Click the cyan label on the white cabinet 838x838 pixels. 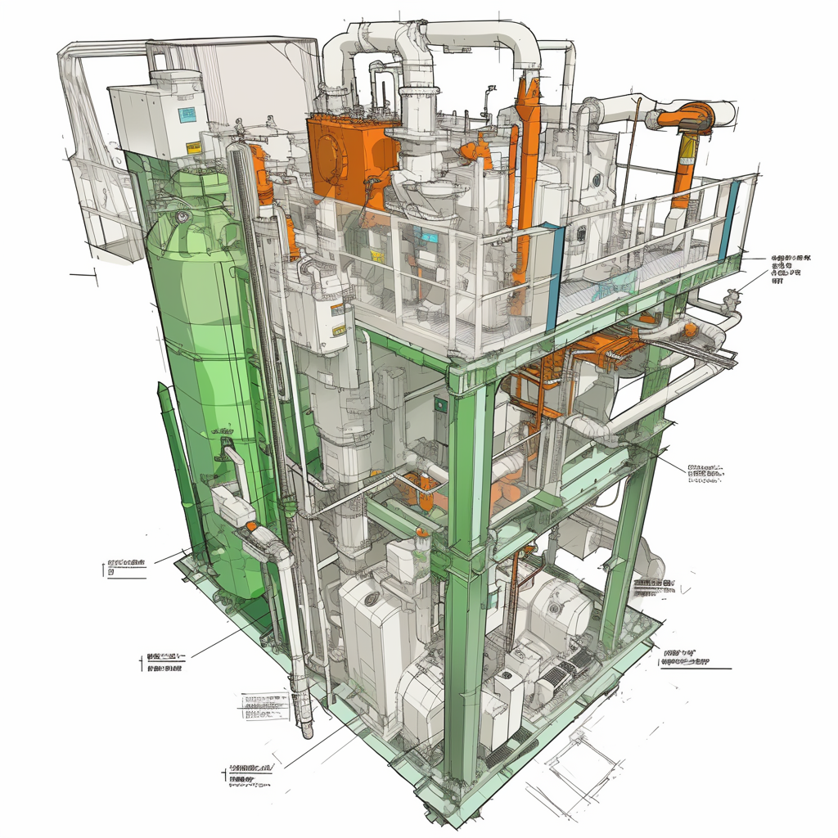coord(187,114)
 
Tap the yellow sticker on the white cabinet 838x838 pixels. coord(193,149)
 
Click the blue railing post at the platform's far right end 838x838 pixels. coord(731,219)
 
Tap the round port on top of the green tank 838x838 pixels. coord(180,217)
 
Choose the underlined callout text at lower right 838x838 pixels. coord(686,657)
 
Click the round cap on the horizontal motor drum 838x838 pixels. coord(557,607)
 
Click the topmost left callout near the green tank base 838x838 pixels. coord(125,567)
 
